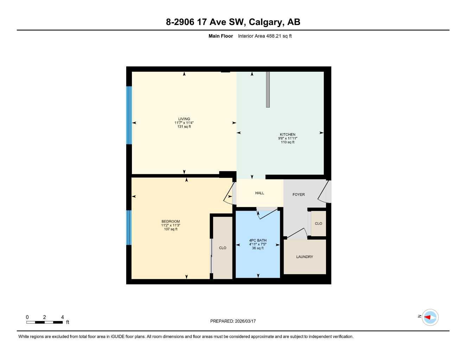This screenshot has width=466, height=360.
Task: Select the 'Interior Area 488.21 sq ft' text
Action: [264, 36]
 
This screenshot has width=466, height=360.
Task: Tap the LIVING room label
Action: [184, 119]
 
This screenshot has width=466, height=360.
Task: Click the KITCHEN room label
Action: [287, 135]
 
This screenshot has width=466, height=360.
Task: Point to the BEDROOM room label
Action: [171, 221]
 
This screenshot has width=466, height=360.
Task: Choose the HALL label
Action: [260, 193]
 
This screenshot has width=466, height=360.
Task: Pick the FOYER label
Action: [299, 194]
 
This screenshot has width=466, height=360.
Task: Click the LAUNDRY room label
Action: [305, 257]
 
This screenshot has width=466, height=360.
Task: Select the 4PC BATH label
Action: [258, 240]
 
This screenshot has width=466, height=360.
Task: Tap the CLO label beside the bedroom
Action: [223, 248]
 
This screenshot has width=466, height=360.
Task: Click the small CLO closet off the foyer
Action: [318, 224]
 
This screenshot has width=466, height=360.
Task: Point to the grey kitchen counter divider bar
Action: [268, 89]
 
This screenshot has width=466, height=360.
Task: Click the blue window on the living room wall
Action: [129, 115]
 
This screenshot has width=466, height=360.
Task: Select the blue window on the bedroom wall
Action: [129, 228]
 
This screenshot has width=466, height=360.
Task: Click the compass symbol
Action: [430, 317]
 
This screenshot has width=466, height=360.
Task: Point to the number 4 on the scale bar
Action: [62, 317]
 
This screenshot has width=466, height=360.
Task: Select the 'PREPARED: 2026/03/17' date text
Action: [233, 321]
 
